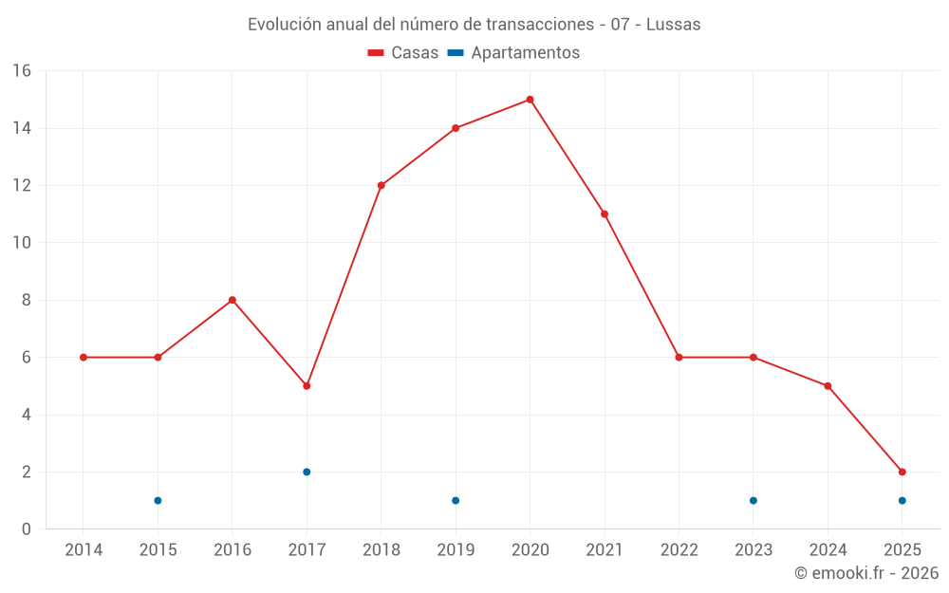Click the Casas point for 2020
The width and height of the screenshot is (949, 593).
pyautogui.click(x=530, y=100)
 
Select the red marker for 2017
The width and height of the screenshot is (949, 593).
pyautogui.click(x=307, y=386)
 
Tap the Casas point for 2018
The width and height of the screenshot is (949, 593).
pyautogui.click(x=381, y=186)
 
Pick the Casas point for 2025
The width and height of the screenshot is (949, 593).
pyautogui.click(x=902, y=472)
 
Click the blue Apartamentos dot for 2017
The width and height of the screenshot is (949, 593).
pyautogui.click(x=307, y=472)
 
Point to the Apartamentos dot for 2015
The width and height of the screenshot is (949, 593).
pyautogui.click(x=158, y=500)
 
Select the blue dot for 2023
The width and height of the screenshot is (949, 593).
pyautogui.click(x=753, y=500)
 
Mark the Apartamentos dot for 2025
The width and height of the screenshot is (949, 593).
pyautogui.click(x=902, y=500)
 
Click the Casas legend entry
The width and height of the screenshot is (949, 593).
pyautogui.click(x=403, y=53)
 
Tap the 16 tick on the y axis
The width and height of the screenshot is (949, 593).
pyautogui.click(x=22, y=71)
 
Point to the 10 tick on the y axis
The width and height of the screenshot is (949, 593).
pyautogui.click(x=22, y=243)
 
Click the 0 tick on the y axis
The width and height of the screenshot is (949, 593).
pyautogui.click(x=27, y=529)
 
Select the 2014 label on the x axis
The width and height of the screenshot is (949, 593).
pyautogui.click(x=84, y=550)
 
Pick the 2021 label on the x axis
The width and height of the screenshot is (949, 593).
pyautogui.click(x=605, y=550)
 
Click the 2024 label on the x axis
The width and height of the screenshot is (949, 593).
pyautogui.click(x=828, y=550)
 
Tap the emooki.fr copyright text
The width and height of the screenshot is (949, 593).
pyautogui.click(x=865, y=573)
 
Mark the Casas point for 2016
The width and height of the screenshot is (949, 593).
pyautogui.click(x=232, y=300)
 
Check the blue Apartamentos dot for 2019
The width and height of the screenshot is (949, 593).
pyautogui.click(x=456, y=500)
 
